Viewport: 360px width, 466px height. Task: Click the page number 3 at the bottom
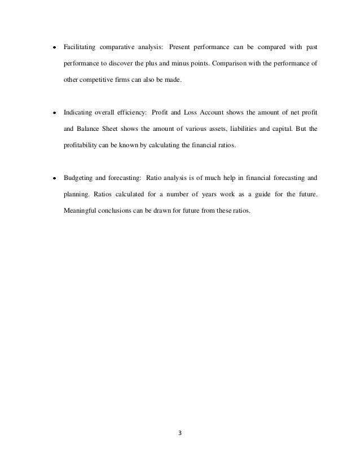(x=180, y=433)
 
